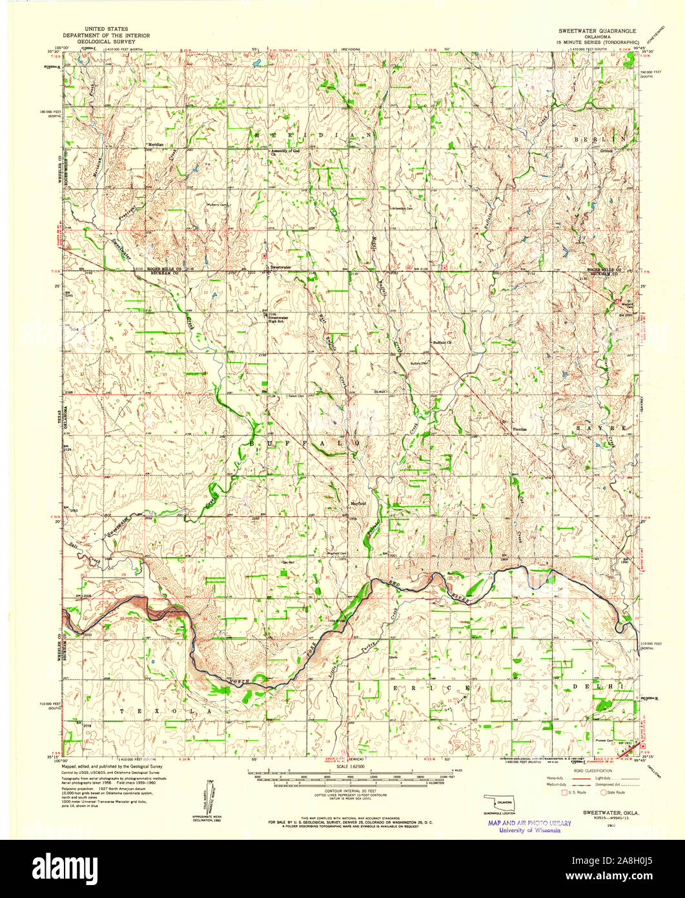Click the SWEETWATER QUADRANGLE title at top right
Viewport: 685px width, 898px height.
pyautogui.click(x=597, y=31)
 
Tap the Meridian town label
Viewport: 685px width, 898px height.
pyautogui.click(x=155, y=144)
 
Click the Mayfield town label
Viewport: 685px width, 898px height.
pyautogui.click(x=340, y=503)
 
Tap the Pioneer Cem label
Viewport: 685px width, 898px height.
pyautogui.click(x=604, y=741)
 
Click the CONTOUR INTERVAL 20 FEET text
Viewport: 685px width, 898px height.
pyautogui.click(x=348, y=790)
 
